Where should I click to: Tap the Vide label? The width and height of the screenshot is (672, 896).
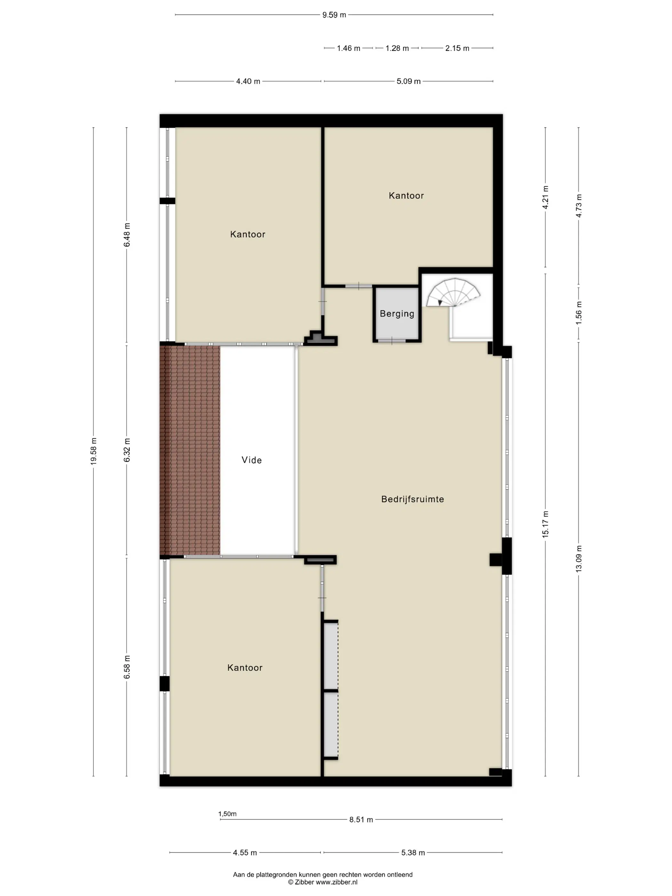click(252, 460)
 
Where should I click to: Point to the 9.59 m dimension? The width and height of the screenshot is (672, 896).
click(334, 15)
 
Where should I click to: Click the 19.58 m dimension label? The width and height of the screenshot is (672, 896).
click(93, 451)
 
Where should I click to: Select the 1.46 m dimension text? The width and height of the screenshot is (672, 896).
click(348, 48)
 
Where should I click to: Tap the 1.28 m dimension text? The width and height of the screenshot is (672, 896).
click(397, 48)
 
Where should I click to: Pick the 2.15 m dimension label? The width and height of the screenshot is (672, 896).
click(457, 48)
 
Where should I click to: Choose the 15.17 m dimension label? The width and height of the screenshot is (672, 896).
click(546, 524)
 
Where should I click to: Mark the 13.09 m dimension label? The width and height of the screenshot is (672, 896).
click(579, 559)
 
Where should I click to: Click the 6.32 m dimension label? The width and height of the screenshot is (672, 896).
click(127, 450)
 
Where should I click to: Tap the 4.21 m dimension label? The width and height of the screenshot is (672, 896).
click(546, 197)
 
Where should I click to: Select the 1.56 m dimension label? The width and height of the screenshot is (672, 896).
click(579, 313)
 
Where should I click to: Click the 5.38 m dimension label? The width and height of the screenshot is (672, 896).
click(413, 853)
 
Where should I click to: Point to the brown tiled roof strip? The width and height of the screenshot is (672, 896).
click(190, 450)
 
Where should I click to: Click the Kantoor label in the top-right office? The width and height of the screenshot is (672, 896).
click(406, 196)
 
